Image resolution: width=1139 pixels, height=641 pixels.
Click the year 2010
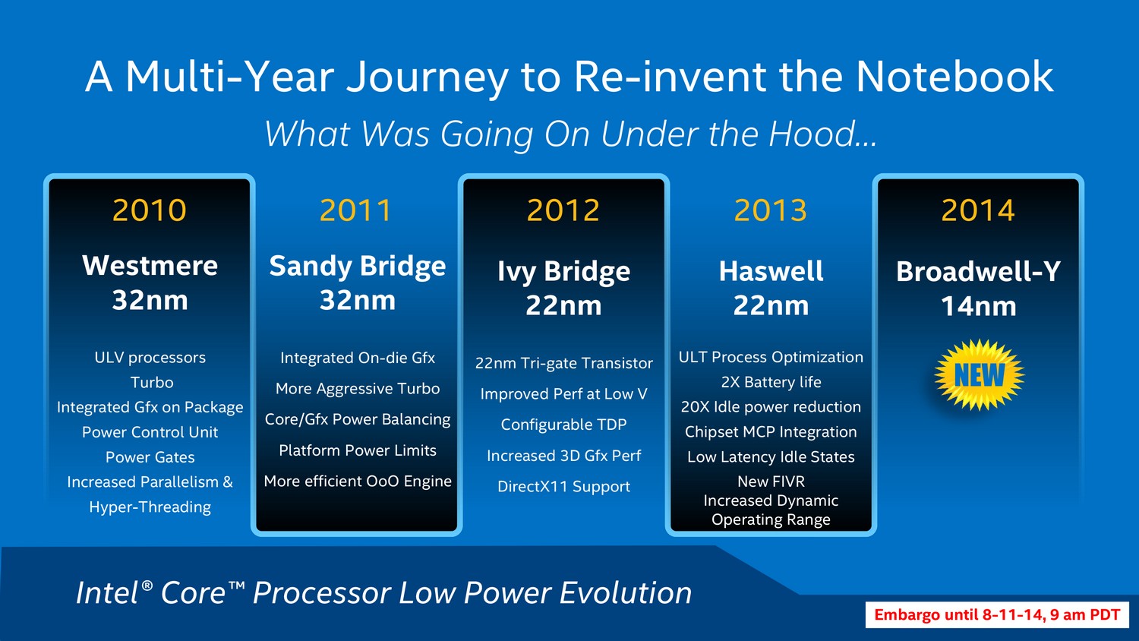tap(150, 210)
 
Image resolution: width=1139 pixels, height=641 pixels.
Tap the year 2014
tap(978, 210)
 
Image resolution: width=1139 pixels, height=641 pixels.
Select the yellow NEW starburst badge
tap(980, 375)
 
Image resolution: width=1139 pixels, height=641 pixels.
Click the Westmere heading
tap(150, 266)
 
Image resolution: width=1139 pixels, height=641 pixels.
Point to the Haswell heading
tap(771, 271)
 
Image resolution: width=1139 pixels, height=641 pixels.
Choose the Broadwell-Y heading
tap(978, 271)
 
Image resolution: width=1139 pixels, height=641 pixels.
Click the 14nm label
tap(978, 306)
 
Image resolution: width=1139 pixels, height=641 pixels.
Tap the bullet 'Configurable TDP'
tap(563, 425)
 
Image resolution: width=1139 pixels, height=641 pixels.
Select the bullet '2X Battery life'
tap(771, 382)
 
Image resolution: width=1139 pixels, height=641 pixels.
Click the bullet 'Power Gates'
tap(150, 457)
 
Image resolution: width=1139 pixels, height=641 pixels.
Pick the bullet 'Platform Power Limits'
tap(358, 450)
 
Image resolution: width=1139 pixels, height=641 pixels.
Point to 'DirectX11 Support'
tap(563, 487)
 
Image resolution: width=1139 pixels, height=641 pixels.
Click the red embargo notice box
tap(997, 614)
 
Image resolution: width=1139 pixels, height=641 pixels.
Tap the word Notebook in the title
tap(954, 76)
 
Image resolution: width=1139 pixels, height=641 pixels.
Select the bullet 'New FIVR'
tap(771, 482)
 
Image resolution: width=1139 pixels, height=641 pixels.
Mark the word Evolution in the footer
tap(626, 593)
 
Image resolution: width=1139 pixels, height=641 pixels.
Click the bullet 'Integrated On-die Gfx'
tap(358, 358)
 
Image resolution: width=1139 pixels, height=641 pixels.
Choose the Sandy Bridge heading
tap(358, 266)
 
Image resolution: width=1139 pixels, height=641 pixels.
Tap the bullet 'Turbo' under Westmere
tap(152, 383)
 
